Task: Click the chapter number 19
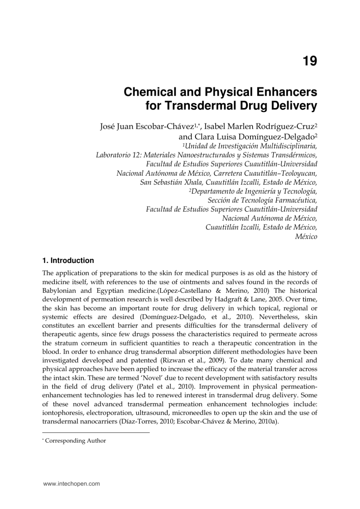coord(310,61)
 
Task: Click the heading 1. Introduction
coord(68,260)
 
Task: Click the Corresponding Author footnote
coord(75,441)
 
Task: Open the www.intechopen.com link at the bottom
coord(71,484)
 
